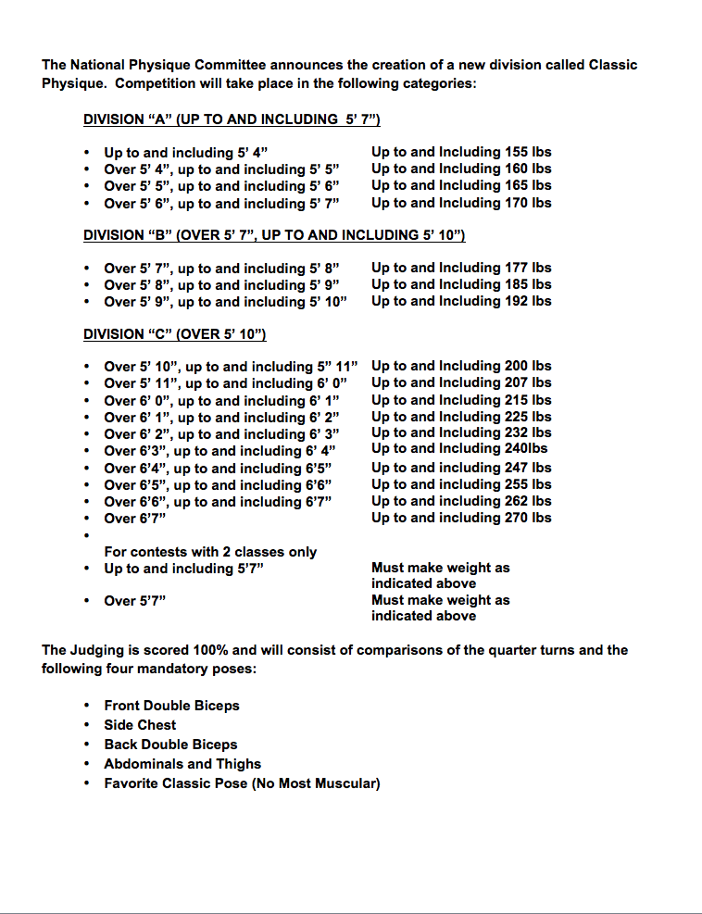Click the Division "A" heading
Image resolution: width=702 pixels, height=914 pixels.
click(232, 119)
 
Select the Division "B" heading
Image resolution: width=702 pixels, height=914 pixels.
click(274, 235)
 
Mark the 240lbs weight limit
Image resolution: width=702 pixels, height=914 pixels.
click(526, 449)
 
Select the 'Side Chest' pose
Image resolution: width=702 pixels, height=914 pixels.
click(140, 725)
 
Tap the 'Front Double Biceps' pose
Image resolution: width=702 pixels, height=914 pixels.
click(171, 706)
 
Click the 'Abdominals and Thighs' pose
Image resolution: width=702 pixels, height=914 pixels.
click(182, 764)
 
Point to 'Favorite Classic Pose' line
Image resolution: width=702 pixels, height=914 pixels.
click(242, 783)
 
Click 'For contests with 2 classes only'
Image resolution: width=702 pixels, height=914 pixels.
click(210, 552)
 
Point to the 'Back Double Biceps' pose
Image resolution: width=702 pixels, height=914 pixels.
click(170, 745)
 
